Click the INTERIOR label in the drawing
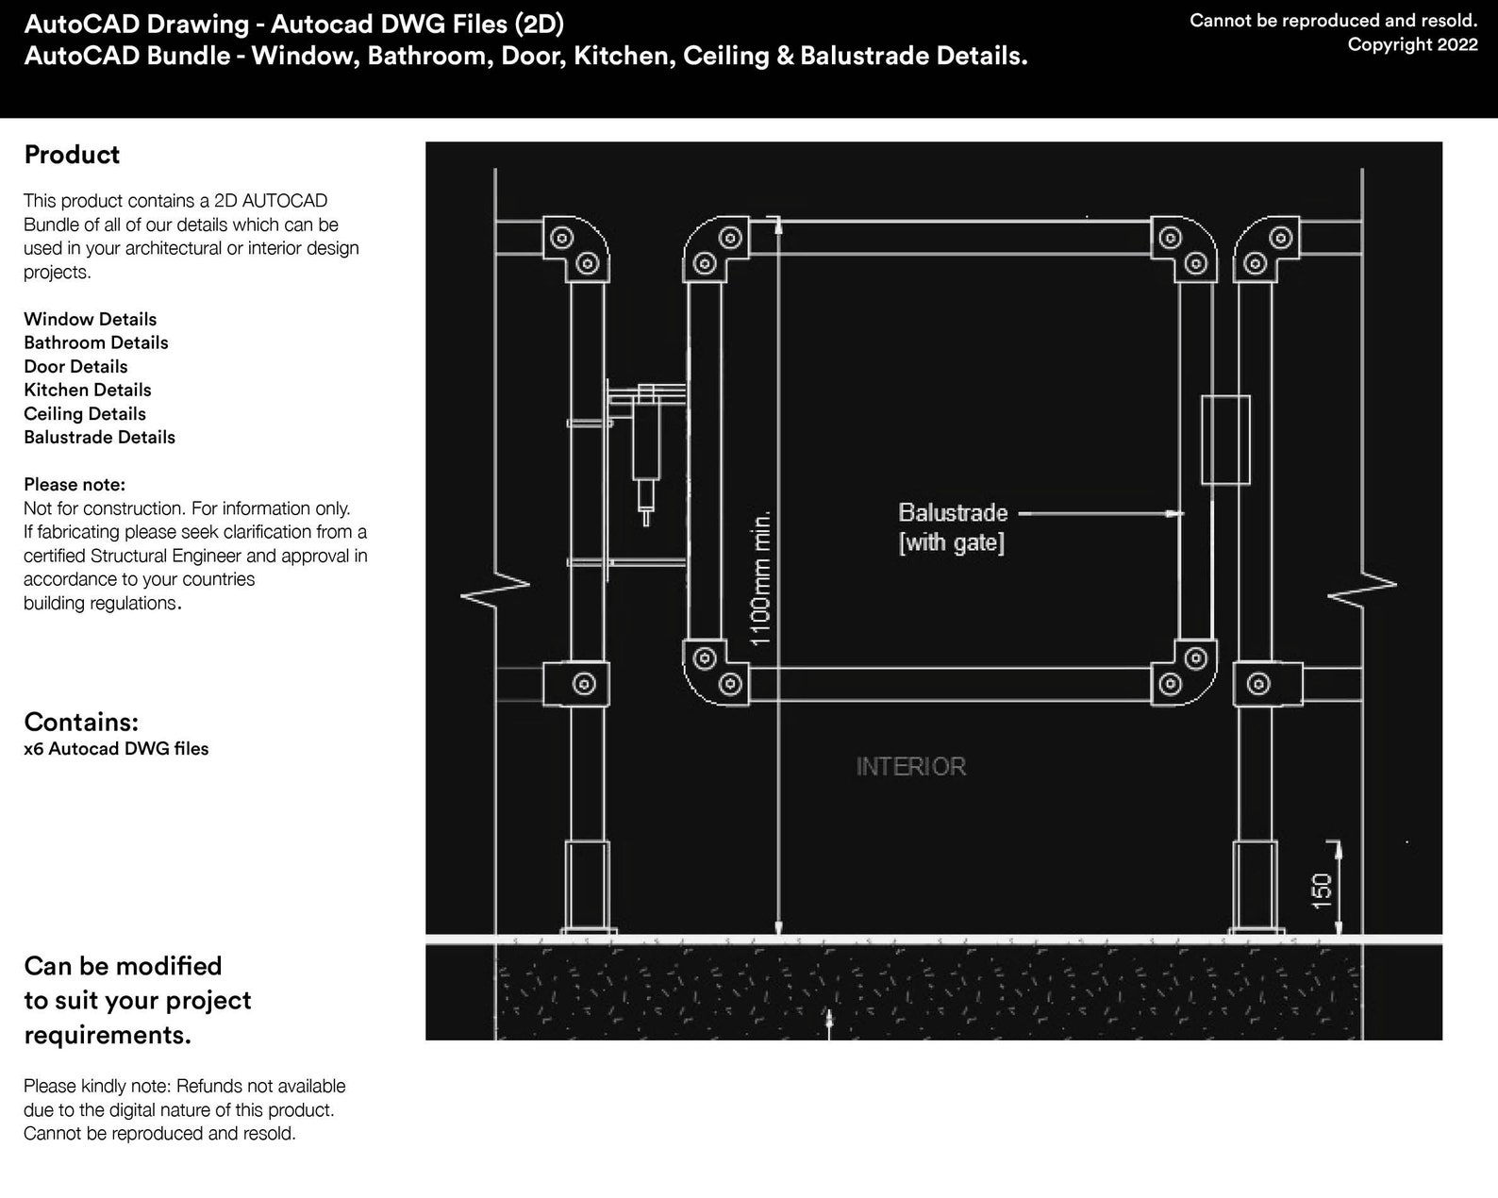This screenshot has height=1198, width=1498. (x=910, y=766)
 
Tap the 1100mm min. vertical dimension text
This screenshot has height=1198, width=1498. (x=761, y=578)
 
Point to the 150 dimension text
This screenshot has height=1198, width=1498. (x=1322, y=890)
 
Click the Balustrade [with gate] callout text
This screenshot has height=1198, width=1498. (x=952, y=527)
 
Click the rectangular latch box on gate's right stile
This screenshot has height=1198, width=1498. (x=1224, y=440)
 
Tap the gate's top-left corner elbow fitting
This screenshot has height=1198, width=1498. (x=715, y=250)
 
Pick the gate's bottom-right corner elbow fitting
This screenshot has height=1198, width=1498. (x=1183, y=672)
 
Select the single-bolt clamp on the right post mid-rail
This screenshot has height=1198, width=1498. (x=1258, y=683)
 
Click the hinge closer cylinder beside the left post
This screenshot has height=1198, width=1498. (x=646, y=443)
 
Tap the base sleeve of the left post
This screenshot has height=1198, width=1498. (x=586, y=885)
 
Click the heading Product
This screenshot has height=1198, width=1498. (x=72, y=155)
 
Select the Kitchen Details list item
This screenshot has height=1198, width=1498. (x=88, y=390)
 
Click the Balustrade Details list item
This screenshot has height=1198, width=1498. (x=99, y=437)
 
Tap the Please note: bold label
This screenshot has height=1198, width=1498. (x=75, y=485)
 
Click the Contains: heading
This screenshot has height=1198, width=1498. (x=81, y=722)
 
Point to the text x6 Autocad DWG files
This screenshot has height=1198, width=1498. (x=116, y=749)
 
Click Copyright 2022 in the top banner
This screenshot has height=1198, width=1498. (x=1412, y=44)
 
